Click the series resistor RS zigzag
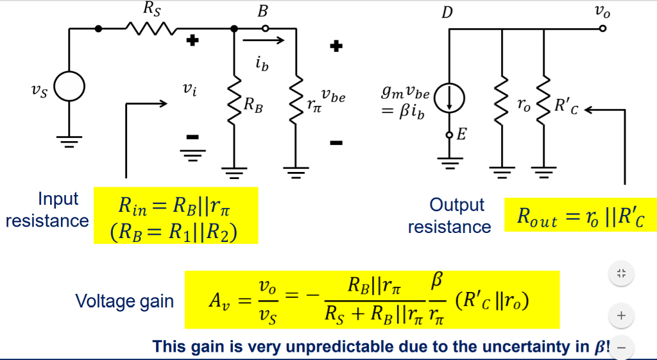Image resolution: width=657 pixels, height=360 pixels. [x=149, y=28]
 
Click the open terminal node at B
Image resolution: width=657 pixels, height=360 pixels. [x=265, y=28]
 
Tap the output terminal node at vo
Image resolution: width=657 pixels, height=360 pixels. [x=602, y=28]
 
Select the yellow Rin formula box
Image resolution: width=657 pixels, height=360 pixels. [x=176, y=216]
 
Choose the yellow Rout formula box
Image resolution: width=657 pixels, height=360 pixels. [x=580, y=216]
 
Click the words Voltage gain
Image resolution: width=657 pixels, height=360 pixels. [x=124, y=301]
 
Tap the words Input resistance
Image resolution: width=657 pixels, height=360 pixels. [x=47, y=210]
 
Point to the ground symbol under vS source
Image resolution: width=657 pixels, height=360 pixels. [x=69, y=141]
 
